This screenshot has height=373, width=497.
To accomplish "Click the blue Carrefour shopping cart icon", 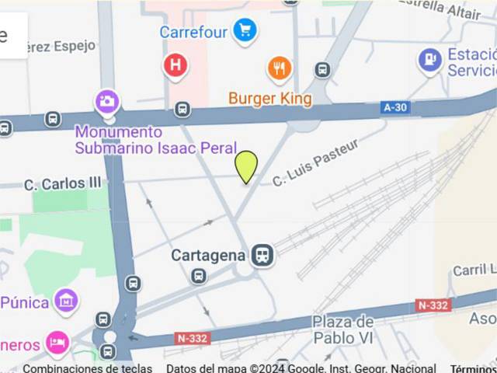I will (245, 31).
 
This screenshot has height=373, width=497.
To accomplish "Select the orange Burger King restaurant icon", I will (280, 68).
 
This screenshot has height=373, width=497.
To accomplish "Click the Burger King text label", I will (270, 99).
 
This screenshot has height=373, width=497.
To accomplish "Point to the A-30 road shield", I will (395, 108).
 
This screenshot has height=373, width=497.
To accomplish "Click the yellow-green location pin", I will (246, 166).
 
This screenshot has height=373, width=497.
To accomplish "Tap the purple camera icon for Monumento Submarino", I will (107, 101).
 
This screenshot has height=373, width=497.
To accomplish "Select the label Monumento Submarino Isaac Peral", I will (119, 139).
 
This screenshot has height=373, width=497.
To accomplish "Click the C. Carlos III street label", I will (63, 184).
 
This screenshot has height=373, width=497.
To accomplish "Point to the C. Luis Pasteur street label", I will (315, 162).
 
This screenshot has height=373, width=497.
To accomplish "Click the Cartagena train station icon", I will (262, 255).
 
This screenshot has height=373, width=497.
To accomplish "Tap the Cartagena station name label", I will (208, 255).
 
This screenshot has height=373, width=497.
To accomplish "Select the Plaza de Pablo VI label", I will (343, 329).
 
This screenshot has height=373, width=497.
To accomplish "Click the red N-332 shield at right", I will (433, 305).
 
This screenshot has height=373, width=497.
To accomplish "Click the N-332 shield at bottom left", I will (192, 338).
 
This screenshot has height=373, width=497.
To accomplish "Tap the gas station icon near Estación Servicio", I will (429, 58).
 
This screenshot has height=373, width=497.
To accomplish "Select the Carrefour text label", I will (193, 32).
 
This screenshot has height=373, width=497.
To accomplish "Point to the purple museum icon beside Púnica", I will (66, 300).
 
